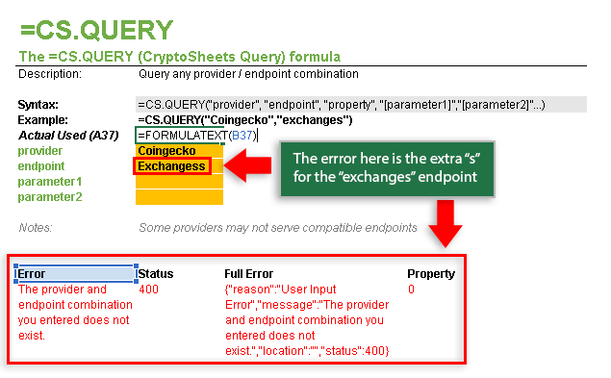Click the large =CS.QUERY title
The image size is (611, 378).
(96, 30)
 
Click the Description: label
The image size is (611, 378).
(50, 74)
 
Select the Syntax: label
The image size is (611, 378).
(38, 105)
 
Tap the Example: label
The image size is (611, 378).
(42, 120)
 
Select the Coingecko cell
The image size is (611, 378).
(179, 151)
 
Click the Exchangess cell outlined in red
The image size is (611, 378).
(172, 166)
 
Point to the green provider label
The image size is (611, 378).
(39, 151)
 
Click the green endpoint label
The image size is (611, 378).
(41, 166)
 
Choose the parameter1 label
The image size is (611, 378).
(50, 182)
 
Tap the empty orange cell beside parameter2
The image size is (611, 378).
(179, 197)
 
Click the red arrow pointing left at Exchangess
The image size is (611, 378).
(248, 165)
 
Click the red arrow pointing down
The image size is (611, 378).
(446, 224)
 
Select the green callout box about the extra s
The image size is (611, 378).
(387, 168)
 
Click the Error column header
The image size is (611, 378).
(31, 274)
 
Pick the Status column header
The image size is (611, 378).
(156, 274)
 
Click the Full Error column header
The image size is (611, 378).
(248, 274)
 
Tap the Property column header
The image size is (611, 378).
(431, 274)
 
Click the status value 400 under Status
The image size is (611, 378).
(148, 290)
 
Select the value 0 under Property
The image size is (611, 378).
(411, 290)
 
